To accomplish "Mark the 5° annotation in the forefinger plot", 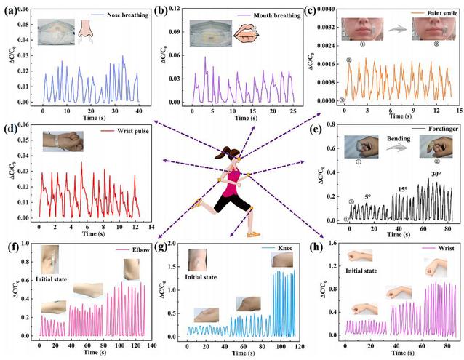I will click(367, 196).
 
